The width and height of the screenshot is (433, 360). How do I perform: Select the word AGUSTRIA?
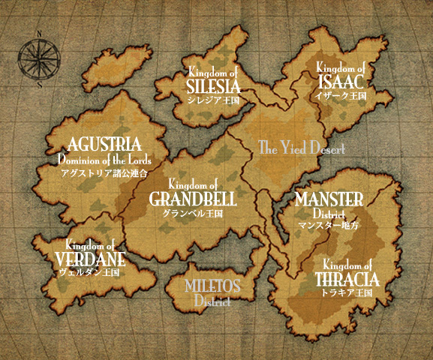pyautogui.click(x=104, y=144)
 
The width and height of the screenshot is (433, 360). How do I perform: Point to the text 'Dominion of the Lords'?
pyautogui.click(x=104, y=160)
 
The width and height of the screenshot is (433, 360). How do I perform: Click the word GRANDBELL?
pyautogui.click(x=193, y=199)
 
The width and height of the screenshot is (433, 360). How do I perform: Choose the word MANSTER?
pyautogui.click(x=329, y=199)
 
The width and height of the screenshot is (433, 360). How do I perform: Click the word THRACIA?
pyautogui.click(x=347, y=280)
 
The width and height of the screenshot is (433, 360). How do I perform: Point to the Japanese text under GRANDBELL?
pyautogui.click(x=193, y=213)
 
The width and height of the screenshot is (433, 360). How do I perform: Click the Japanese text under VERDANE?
pyautogui.click(x=89, y=273)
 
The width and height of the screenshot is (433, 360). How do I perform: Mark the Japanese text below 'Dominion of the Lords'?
pyautogui.click(x=104, y=172)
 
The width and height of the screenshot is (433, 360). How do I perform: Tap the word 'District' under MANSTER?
pyautogui.click(x=329, y=214)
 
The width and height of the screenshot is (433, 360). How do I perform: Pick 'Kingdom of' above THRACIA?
pyautogui.click(x=347, y=265)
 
